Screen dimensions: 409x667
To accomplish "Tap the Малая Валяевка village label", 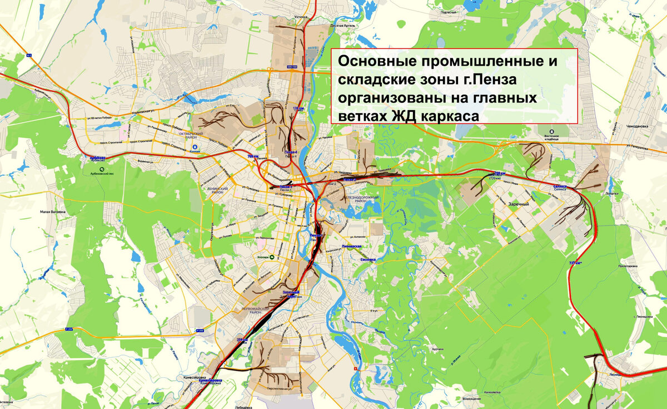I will [x=52, y=211].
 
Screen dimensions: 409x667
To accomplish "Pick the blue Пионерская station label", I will [x=352, y=246].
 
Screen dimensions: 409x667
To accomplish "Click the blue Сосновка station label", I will [x=369, y=259].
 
